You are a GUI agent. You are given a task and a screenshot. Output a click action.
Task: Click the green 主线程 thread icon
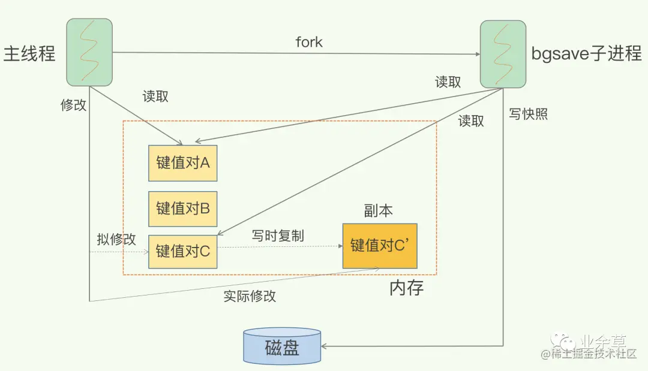point(89,52)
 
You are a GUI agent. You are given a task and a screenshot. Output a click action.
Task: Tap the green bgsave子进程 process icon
point(503,53)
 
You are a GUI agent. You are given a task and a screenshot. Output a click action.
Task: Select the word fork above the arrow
point(309,42)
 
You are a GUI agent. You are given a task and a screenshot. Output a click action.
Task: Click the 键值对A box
point(182,163)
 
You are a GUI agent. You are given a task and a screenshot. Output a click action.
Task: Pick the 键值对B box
point(182,209)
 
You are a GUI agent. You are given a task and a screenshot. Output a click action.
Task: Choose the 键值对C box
point(182,251)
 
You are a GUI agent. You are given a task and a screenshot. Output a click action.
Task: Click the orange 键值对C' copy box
point(380,246)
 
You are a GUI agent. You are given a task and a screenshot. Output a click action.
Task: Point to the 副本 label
point(379,210)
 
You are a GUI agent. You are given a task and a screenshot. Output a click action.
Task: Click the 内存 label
point(406,288)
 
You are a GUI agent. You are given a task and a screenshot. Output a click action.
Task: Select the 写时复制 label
point(278,236)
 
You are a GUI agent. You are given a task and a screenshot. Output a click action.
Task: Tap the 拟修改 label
point(116,239)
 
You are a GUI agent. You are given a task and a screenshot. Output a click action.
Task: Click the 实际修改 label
point(250,296)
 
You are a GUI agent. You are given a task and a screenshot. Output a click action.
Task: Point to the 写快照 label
point(528,114)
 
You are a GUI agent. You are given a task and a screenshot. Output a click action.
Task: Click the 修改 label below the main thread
point(73,105)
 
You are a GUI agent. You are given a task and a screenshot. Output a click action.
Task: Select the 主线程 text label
point(29,53)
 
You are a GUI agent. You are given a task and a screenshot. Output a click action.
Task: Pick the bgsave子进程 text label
point(586,53)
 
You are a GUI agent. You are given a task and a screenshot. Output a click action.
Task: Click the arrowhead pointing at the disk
point(325,346)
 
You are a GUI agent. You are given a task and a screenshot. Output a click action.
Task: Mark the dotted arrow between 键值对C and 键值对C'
point(279,246)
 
